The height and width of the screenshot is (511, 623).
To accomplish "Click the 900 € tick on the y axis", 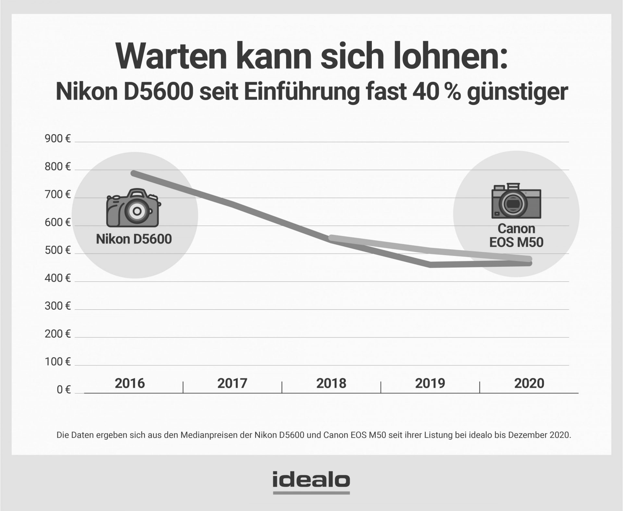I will pos(57,139).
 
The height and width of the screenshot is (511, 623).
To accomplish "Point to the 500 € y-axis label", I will pos(57,251).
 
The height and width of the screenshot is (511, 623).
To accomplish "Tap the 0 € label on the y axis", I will pos(64,390).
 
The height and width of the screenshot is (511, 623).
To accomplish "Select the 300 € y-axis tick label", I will pos(57,306).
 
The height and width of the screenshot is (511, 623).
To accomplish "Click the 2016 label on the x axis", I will pos(130,383).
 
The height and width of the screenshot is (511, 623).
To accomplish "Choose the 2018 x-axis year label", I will pos(331,383).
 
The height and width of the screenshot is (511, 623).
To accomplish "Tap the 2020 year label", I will pos(529,383).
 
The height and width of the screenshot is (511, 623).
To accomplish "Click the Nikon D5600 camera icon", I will pos(133,208).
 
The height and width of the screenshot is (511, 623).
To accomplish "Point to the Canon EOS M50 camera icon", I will pos(516,201).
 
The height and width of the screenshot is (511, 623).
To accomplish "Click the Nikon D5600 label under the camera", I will pos(134,239).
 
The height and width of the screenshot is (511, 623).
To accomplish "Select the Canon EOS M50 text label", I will pos(516,236).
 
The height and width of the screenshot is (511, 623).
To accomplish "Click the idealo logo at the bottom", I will pos(311,481).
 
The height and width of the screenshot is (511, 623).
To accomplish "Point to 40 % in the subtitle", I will pos(436,92).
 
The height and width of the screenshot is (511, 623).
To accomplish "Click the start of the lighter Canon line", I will pos(331,238).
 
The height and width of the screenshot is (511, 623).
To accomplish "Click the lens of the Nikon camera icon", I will pos(137,211).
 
